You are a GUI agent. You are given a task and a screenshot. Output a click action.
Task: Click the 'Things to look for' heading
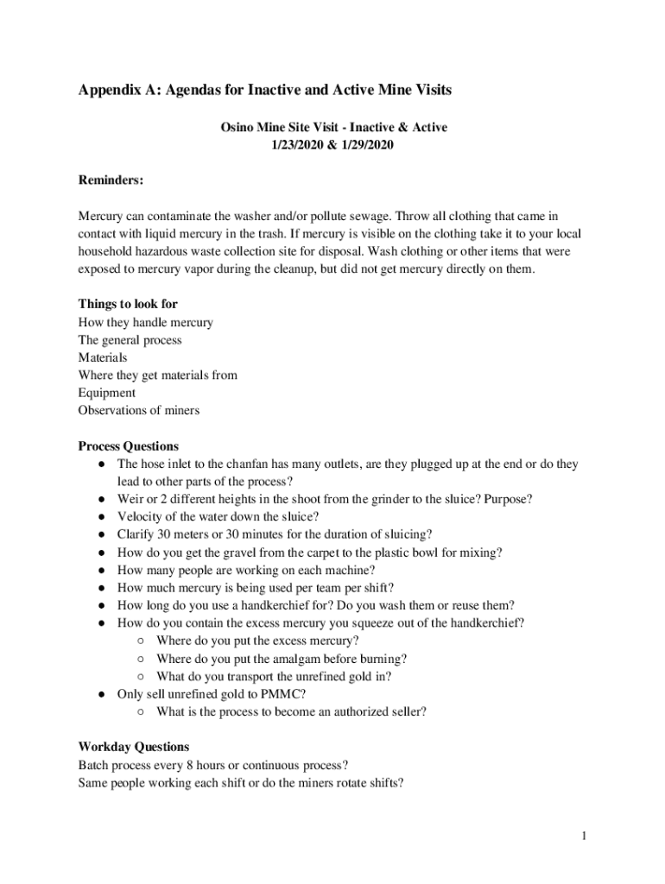(x=128, y=304)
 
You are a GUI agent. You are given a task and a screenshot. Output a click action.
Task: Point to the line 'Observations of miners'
(x=139, y=410)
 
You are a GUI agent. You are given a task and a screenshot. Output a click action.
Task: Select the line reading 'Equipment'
(x=107, y=393)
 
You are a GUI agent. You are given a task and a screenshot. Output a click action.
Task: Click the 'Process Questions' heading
(x=129, y=446)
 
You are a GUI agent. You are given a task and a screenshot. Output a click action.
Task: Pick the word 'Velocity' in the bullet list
(x=140, y=517)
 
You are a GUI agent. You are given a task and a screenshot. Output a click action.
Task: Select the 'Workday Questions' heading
(x=134, y=747)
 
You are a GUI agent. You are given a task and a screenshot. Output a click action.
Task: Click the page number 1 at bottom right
(x=585, y=836)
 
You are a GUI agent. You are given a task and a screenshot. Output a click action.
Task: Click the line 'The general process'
(x=130, y=339)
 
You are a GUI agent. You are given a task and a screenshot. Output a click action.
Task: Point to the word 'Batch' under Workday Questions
(x=93, y=765)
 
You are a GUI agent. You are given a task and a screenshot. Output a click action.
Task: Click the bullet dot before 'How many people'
(x=101, y=570)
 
